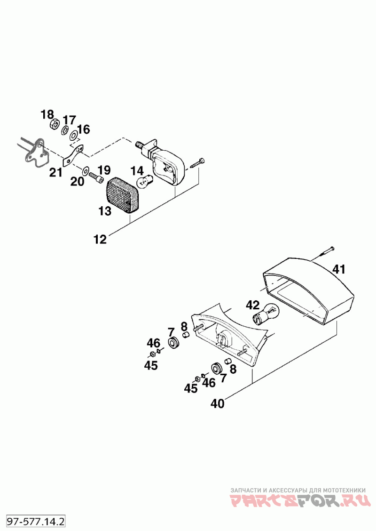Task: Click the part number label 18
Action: pos(47,114)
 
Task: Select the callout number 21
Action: pos(56,172)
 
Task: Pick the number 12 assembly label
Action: pos(100,240)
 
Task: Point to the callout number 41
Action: pos(339,269)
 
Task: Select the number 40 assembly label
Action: pos(218,404)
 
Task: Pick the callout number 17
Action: pos(69,120)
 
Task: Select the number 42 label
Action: pos(252,305)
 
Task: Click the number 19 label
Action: pos(104,170)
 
